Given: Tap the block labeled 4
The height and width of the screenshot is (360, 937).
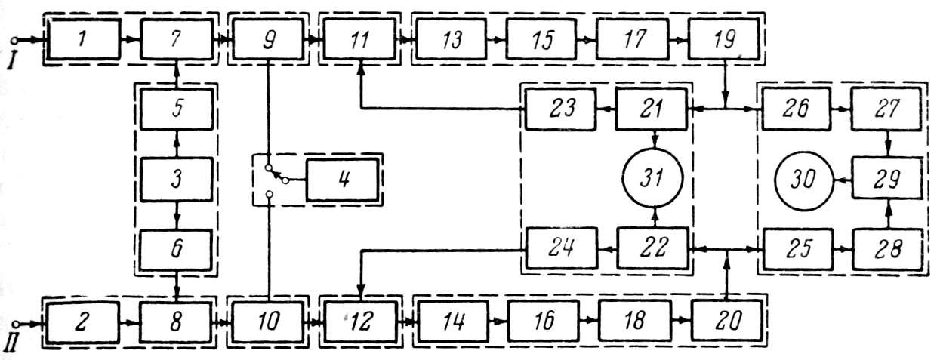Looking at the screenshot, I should tap(342, 181).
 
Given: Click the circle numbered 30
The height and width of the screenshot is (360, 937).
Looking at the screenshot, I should tap(806, 181).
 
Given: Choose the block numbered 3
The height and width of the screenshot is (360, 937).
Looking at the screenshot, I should tap(176, 181).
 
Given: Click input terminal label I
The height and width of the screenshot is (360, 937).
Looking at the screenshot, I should tap(13, 59).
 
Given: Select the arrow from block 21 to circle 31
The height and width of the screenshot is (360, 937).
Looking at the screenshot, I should tap(654, 140).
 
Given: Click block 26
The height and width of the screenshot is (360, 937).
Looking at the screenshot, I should tap(797, 109).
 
